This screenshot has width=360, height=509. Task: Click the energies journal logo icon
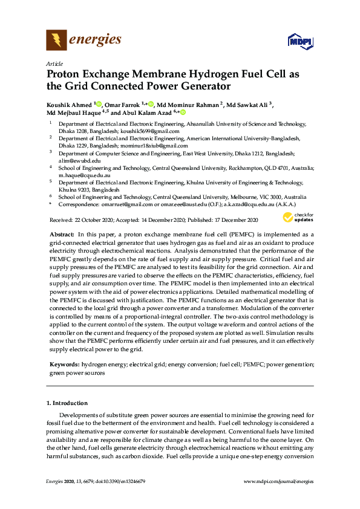coord(56,41)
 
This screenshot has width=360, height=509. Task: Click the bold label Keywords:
coord(64,365)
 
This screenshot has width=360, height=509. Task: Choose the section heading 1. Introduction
coord(67,403)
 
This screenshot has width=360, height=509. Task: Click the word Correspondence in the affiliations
coord(74,204)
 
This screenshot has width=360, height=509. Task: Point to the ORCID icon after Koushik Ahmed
coord(98,104)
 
